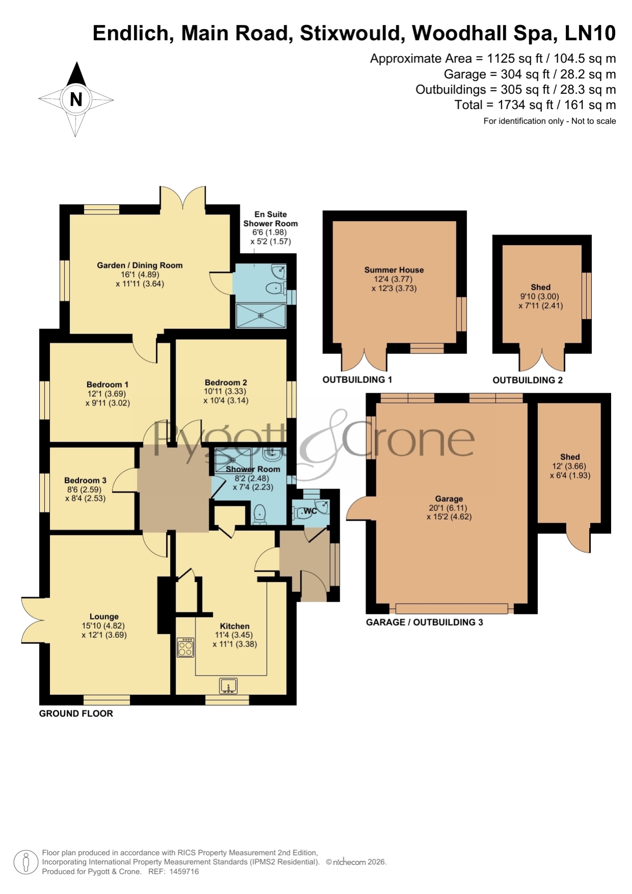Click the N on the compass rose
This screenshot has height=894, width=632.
click(76, 99)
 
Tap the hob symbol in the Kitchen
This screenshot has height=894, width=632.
click(185, 647)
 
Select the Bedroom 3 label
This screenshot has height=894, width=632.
click(85, 480)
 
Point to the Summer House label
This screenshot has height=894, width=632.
click(394, 270)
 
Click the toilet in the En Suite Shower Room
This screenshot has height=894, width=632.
click(275, 288)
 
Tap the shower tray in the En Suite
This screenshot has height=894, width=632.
click(261, 316)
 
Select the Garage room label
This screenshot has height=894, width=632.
click(449, 499)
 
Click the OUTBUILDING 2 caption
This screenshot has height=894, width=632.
click(528, 380)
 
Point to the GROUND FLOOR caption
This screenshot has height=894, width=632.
click(76, 714)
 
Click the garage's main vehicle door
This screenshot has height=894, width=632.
click(452, 608)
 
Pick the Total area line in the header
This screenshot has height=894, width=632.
click(535, 105)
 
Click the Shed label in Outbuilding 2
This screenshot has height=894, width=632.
click(540, 287)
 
